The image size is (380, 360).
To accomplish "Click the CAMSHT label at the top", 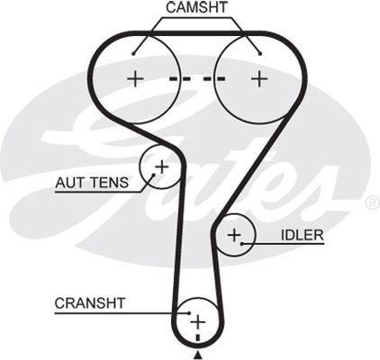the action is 196,7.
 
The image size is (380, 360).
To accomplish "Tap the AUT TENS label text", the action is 92,183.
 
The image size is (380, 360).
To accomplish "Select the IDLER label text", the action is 303,236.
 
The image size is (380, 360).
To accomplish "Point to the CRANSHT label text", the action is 90,303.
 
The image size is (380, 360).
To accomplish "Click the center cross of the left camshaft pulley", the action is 135,79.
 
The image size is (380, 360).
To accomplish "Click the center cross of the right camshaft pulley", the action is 259,79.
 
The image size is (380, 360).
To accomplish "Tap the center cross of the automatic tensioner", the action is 162,166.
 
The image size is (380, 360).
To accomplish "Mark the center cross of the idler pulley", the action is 234,235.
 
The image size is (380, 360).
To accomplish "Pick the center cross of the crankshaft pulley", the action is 198,322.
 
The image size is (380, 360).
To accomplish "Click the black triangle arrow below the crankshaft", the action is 198,355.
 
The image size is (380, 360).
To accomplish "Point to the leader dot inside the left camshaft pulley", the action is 133,54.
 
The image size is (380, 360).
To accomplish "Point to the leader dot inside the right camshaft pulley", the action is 260,54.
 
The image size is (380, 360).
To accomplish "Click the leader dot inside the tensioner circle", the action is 154,175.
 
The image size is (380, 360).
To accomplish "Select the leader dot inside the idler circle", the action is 242,243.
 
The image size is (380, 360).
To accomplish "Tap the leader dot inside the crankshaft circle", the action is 189,313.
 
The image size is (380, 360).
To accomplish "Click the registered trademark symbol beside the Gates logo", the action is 373,202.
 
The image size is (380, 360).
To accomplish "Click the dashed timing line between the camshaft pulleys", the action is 197,79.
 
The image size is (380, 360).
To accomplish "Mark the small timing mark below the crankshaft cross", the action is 198,337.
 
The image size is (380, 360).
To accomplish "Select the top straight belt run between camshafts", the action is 198,33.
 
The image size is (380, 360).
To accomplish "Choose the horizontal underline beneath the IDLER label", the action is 283,244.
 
